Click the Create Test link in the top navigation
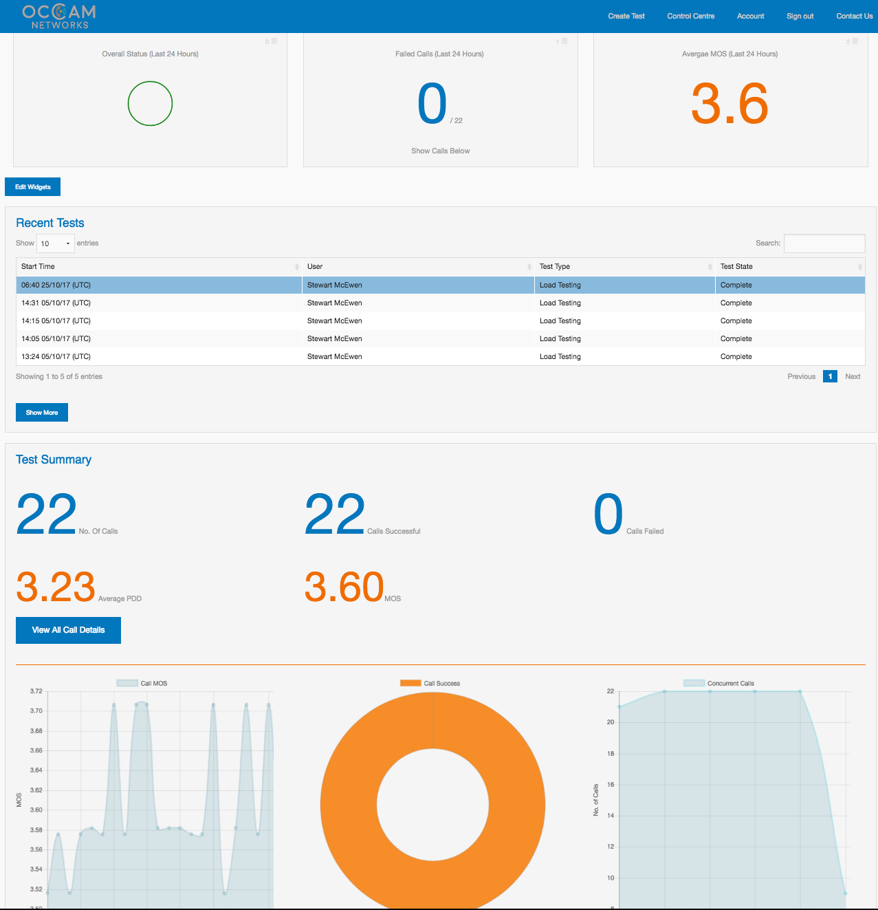[626, 16]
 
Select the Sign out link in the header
[800, 16]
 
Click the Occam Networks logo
[59, 17]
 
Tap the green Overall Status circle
[150, 104]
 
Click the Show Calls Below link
[440, 151]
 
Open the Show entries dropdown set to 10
[55, 243]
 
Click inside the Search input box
[824, 243]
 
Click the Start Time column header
[38, 267]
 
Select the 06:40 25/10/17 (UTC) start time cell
[56, 285]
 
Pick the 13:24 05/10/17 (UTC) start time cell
[56, 356]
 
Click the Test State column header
[736, 267]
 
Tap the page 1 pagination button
[830, 376]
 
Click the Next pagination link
[853, 376]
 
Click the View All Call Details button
[68, 630]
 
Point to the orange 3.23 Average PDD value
[56, 587]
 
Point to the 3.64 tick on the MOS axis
[36, 770]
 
